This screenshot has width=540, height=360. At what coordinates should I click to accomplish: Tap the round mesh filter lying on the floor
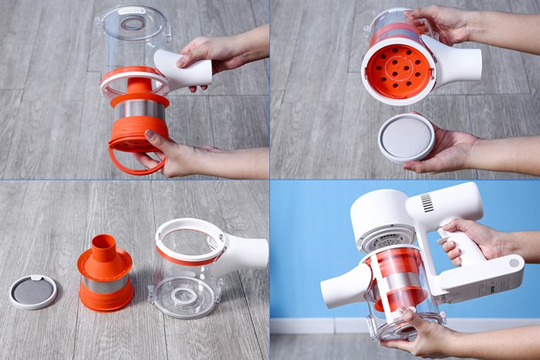click(33, 292)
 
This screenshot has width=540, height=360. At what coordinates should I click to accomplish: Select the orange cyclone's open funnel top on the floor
click(105, 244)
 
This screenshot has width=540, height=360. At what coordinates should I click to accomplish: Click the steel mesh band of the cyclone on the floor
click(105, 284)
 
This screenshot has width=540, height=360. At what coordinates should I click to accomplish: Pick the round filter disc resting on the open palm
click(406, 137)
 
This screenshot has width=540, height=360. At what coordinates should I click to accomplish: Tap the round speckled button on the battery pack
click(514, 263)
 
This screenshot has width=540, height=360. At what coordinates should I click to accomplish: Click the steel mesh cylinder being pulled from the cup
click(140, 109)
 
